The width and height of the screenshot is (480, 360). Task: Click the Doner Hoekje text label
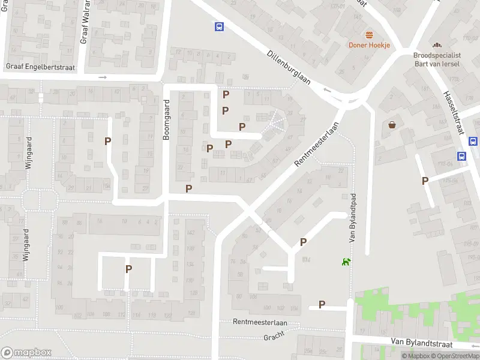pyautogui.click(x=370, y=45)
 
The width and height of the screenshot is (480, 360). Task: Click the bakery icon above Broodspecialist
pyautogui.click(x=436, y=45)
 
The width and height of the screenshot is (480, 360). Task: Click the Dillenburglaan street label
pyautogui.click(x=289, y=67)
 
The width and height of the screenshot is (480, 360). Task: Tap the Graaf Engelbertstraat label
pyautogui.click(x=40, y=67)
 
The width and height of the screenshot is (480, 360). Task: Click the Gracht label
pyautogui.click(x=274, y=337)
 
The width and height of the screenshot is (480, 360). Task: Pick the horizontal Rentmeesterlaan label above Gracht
pyautogui.click(x=260, y=322)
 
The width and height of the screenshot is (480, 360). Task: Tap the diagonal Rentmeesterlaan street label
pyautogui.click(x=317, y=145)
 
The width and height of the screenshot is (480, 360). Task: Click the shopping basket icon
pyautogui.click(x=392, y=125)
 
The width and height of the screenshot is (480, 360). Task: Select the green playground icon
pyautogui.click(x=346, y=261)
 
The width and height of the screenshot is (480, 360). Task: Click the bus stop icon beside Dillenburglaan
pyautogui.click(x=220, y=26)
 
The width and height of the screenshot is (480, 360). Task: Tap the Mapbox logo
pyautogui.click(x=26, y=352)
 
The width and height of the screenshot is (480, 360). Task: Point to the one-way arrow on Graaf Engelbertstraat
pyautogui.click(x=103, y=77)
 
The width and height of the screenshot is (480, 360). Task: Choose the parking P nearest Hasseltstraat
pyautogui.click(x=425, y=181)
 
